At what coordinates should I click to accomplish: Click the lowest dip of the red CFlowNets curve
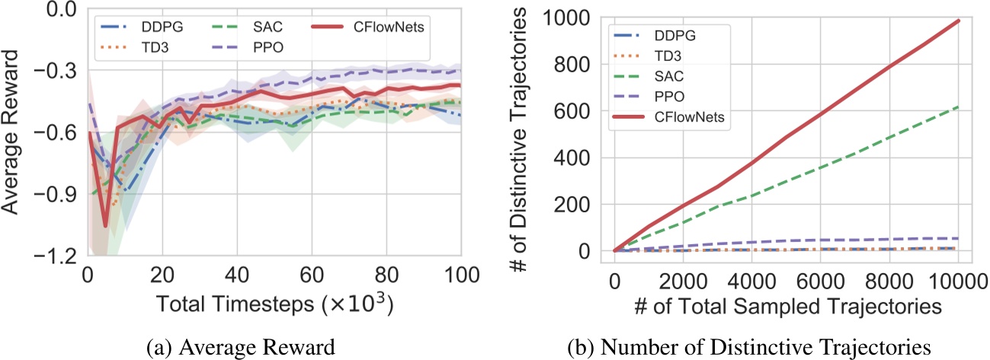pyautogui.click(x=105, y=225)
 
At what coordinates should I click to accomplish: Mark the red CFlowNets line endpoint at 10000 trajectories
pyautogui.click(x=958, y=21)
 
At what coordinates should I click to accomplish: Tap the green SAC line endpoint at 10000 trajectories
pyautogui.click(x=958, y=107)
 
